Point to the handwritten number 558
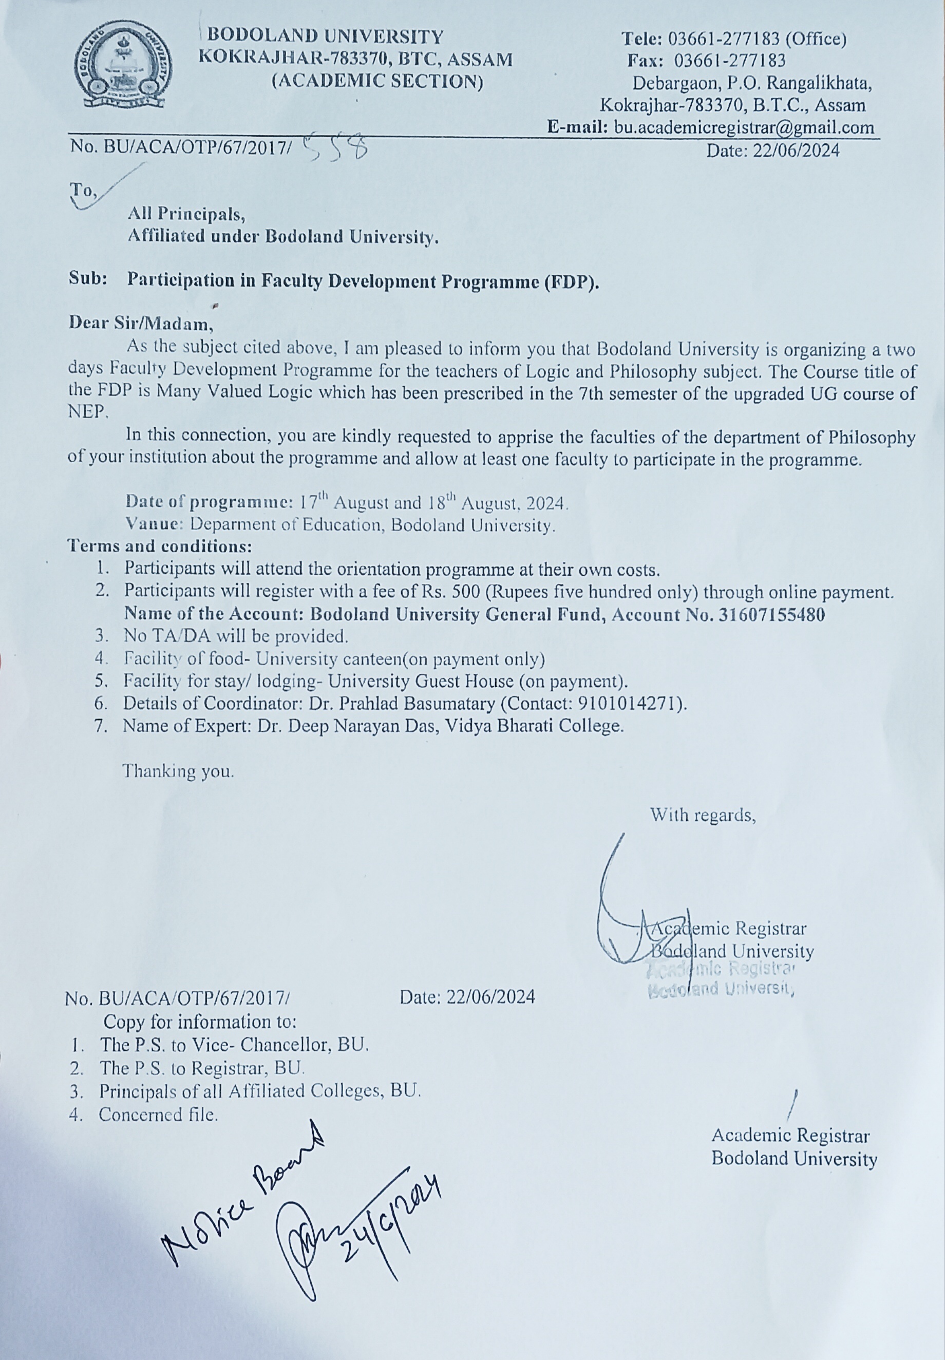pos(336,148)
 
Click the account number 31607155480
pos(771,615)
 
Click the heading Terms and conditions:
pos(160,545)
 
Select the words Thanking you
pos(178,771)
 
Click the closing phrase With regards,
pos(703,815)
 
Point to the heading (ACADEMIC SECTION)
pos(377,82)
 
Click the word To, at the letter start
pos(83,190)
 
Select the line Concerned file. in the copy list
pos(158,1115)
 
